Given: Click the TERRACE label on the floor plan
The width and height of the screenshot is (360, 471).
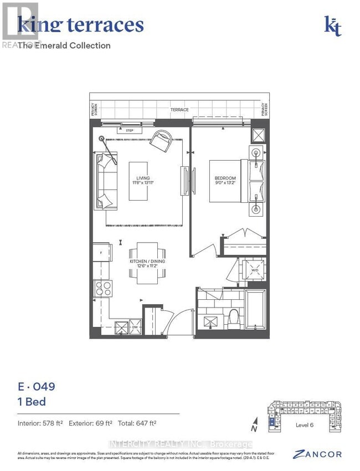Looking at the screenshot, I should click(179, 110).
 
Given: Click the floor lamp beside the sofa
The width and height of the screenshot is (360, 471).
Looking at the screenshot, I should click(101, 139).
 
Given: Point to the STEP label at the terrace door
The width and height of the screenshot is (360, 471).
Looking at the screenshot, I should click(129, 131).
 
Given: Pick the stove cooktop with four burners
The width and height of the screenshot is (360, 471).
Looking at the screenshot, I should click(102, 289).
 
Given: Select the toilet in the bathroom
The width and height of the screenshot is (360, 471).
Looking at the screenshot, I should click(233, 318).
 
